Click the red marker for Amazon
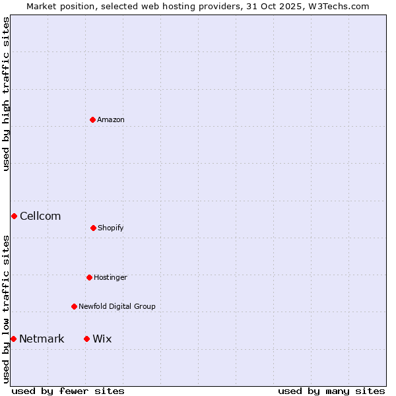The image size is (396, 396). point(92,119)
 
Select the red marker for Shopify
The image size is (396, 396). point(93,228)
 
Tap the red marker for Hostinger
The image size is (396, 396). point(89,277)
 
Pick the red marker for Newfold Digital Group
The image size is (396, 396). point(74,306)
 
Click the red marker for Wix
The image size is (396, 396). point(86,339)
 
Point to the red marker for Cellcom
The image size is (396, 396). point(14,216)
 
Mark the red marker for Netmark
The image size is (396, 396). point(13,339)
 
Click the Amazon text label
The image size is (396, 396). point(111,119)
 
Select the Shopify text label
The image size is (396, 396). point(111,228)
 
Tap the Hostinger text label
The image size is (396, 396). point(110,277)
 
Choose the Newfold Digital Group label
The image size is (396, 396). point(117,306)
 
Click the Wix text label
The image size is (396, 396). point(102,339)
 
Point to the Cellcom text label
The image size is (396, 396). point(40,216)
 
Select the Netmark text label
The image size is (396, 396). point(42,339)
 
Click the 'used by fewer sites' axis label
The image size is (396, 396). point(68,391)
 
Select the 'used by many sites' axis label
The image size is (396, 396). point(331,391)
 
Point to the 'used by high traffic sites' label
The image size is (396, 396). point(6,94)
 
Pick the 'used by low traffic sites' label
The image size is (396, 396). point(6,309)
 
